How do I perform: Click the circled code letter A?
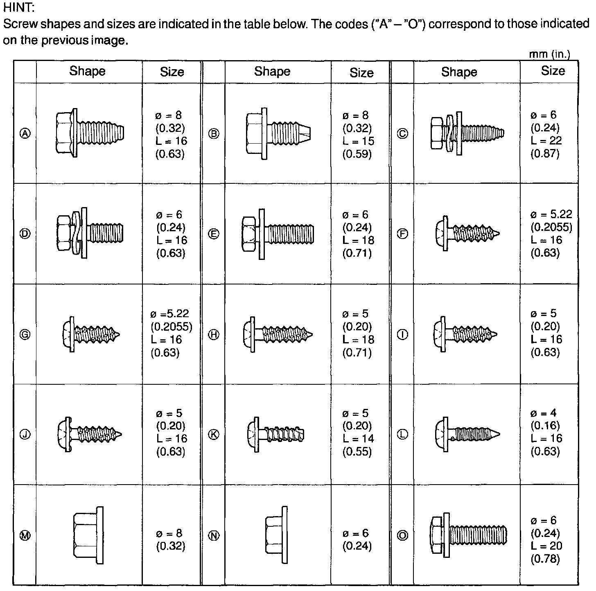point(25,133)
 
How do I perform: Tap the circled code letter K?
point(214,435)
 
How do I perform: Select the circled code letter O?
point(403,535)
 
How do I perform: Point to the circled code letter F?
point(403,234)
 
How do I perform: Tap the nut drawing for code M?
point(88,535)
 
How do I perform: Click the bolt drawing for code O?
point(468,535)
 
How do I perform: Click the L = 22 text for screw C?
point(546,141)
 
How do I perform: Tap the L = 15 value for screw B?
point(358,141)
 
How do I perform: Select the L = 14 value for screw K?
point(358,439)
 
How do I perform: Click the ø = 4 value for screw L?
point(543,413)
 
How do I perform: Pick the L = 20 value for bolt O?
point(546,546)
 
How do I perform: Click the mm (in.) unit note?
point(549,54)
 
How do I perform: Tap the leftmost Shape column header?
point(87,71)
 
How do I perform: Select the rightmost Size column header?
point(553,71)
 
